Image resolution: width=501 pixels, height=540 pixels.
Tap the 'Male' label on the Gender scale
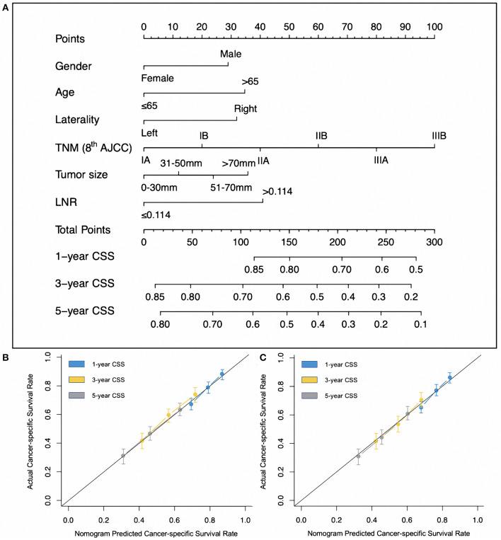coord(230,54)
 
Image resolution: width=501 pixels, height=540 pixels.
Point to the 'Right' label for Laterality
coord(245,109)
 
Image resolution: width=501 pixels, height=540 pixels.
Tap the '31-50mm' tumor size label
coord(180,163)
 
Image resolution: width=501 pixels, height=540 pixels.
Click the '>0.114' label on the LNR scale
coord(277,191)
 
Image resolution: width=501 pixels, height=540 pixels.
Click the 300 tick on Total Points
coord(434,241)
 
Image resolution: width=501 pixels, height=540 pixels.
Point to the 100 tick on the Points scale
coord(434,26)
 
